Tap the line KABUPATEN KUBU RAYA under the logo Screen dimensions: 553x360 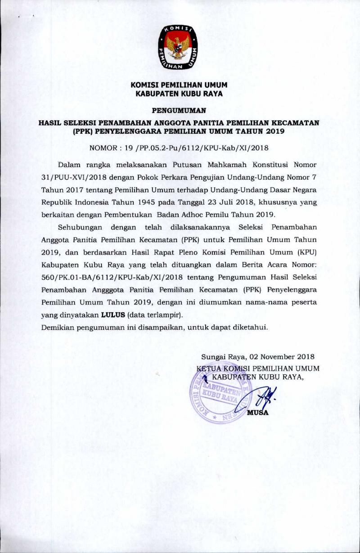coord(179,94)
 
